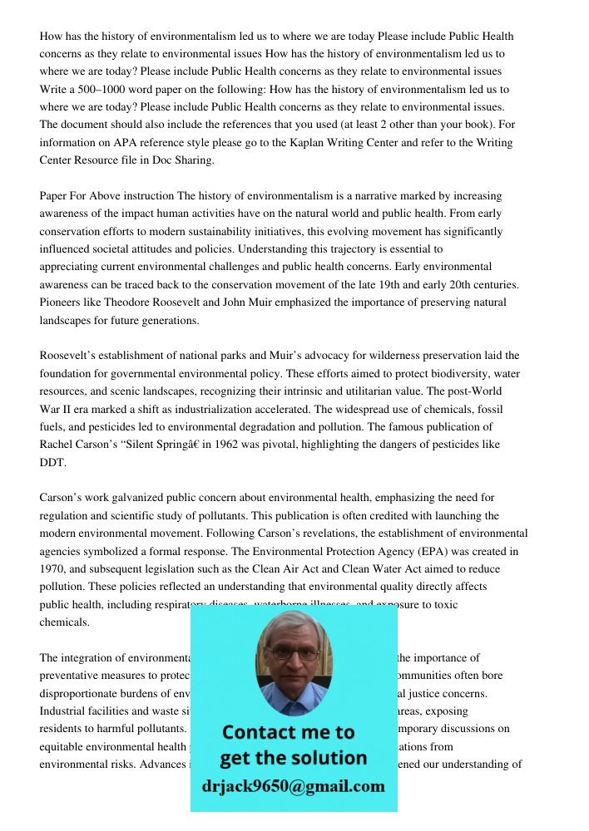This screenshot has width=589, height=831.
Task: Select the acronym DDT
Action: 52,462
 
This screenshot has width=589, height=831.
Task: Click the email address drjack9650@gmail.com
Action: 294,786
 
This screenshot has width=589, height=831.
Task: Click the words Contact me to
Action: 289,732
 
